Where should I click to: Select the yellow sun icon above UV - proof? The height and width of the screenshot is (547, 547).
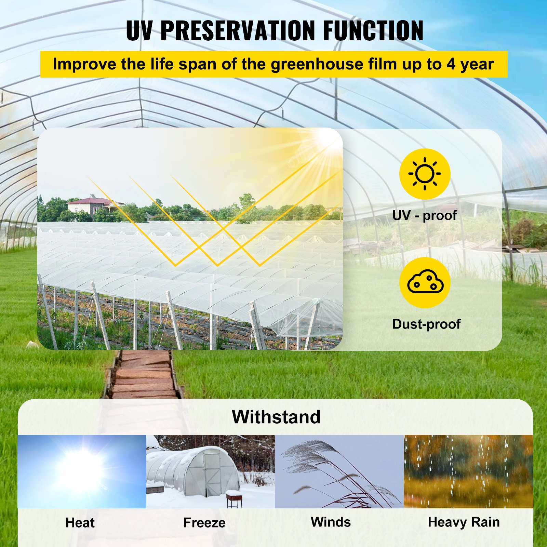tap(425, 174)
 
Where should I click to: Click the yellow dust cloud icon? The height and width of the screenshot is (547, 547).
tap(425, 282)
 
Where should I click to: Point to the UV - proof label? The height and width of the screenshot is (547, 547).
tap(424, 215)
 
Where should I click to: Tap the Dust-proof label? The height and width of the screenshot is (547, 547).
tap(426, 324)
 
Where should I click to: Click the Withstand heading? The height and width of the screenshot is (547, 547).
tap(276, 417)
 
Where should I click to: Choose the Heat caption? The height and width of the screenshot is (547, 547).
tap(80, 523)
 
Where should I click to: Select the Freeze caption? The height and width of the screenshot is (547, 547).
tap(204, 523)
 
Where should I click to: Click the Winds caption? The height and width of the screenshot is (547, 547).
tap(331, 522)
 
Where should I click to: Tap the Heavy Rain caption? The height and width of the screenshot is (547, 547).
tap(464, 522)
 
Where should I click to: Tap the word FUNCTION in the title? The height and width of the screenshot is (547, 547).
tap(373, 31)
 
